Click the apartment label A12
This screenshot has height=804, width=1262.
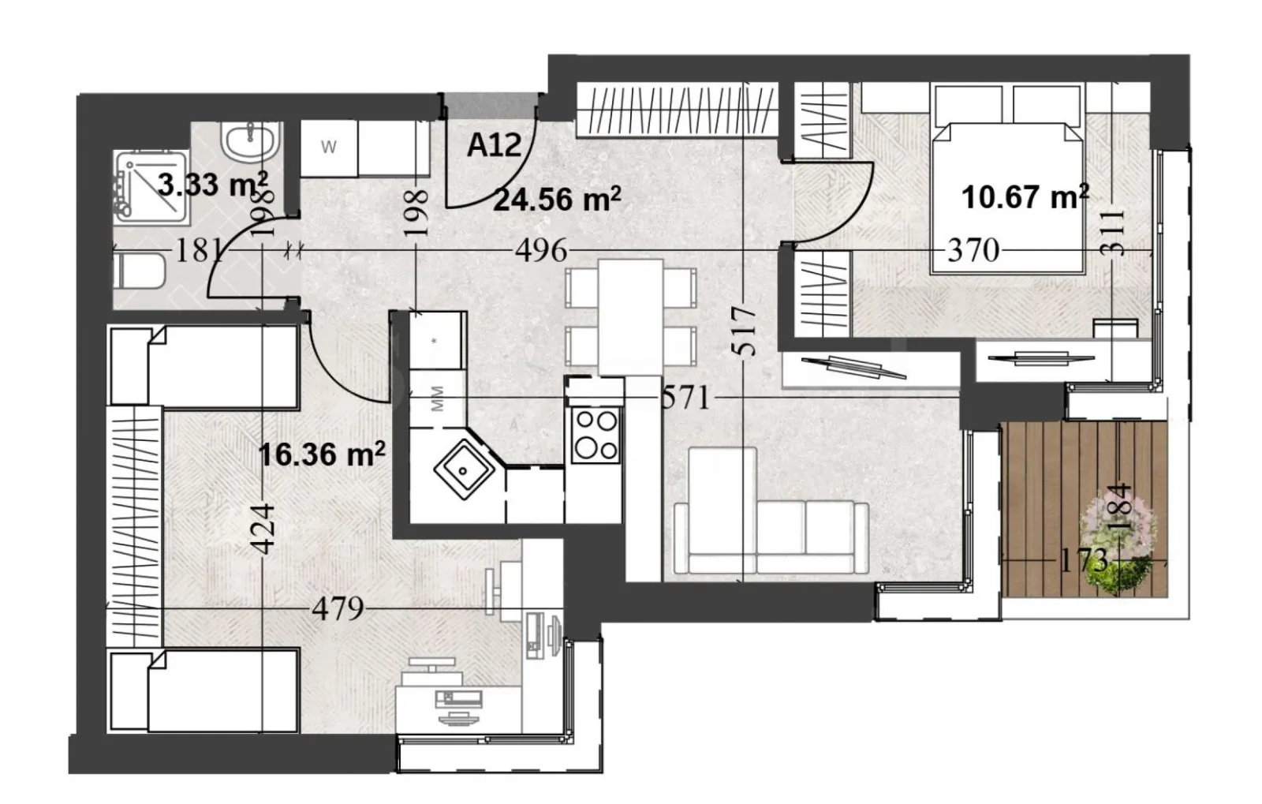point(494,145)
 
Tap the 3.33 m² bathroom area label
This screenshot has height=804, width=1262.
point(212,185)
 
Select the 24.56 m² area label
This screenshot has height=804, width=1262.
point(556,200)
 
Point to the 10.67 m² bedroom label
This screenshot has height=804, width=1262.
point(1025,196)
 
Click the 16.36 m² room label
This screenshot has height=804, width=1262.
point(322,454)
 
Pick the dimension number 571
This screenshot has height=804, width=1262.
point(685,398)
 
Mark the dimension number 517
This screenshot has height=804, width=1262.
point(746,331)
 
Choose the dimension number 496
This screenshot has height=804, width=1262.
point(541,251)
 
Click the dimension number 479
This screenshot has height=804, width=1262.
point(338,608)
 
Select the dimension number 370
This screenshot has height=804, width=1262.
point(973,251)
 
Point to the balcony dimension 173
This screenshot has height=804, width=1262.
point(1082,560)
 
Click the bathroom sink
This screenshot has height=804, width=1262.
point(249,142)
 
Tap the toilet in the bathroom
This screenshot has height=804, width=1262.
point(139,271)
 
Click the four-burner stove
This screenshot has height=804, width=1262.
point(596,435)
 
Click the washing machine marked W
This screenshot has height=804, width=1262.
point(330,148)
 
